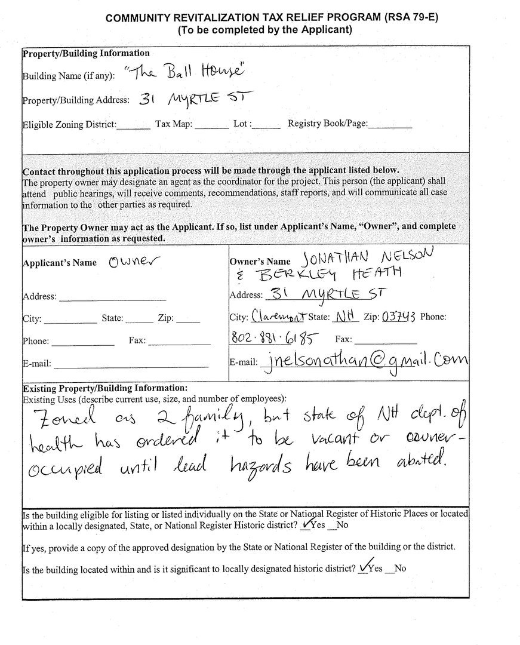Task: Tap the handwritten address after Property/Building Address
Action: (196, 99)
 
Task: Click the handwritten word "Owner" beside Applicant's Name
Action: (135, 262)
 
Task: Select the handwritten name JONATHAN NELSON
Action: (368, 257)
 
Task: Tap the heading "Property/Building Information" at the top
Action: (86, 53)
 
